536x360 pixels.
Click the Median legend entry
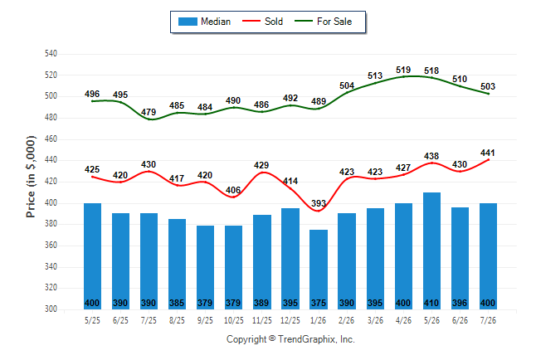point(204,22)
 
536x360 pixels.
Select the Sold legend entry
point(262,22)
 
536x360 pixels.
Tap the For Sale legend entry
point(323,22)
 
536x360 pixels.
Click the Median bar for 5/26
point(431,251)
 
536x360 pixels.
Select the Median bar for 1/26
point(319,270)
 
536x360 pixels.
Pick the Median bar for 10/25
point(233,267)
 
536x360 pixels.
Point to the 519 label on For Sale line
point(403,70)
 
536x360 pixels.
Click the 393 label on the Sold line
point(319,203)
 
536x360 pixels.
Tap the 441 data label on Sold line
point(487,153)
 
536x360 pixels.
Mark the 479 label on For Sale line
point(149,112)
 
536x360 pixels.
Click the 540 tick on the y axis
point(51,54)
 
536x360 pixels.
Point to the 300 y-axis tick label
point(51,309)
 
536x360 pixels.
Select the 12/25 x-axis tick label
point(290,321)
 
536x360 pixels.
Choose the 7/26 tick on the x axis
point(488,321)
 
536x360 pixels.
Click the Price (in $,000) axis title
point(31,177)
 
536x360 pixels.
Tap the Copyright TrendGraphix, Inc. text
point(290,339)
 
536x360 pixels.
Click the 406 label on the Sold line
point(233,190)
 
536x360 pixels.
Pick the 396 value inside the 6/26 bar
point(460,304)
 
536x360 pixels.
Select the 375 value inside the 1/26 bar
point(319,304)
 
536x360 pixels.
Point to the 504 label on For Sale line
point(347,85)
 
